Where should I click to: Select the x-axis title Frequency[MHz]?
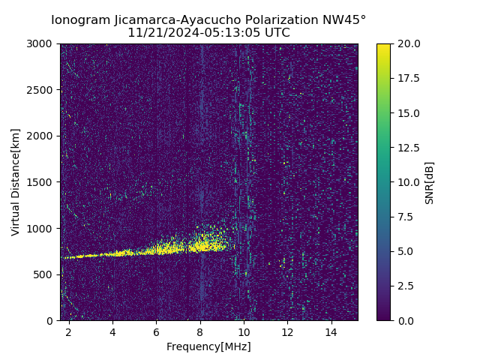[208, 346]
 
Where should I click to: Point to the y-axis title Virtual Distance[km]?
[16, 182]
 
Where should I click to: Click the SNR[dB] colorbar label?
[430, 182]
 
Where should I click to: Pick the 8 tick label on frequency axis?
[200, 331]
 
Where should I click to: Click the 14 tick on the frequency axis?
[331, 331]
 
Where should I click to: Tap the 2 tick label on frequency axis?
[69, 331]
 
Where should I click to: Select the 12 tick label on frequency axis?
[287, 331]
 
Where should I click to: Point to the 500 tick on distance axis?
[46, 274]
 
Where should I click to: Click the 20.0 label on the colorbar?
[409, 43]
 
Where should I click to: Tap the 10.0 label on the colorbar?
[409, 182]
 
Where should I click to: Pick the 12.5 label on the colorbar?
[409, 148]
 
